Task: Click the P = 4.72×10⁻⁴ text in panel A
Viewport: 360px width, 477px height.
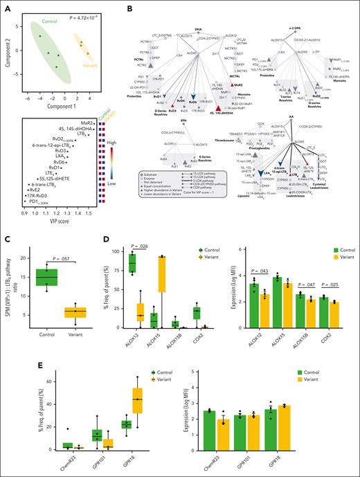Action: (100, 12)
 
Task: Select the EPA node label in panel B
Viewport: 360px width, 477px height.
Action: (178, 121)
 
